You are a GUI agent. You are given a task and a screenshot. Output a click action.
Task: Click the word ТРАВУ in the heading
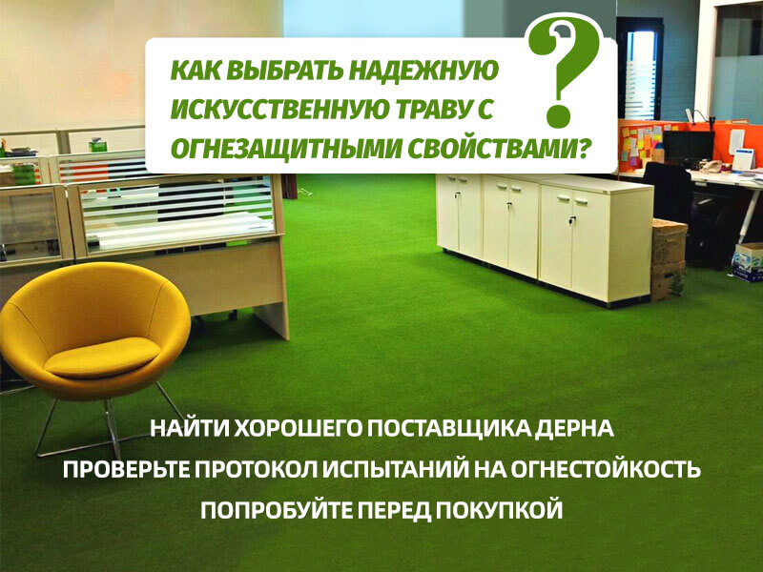click(435, 111)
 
